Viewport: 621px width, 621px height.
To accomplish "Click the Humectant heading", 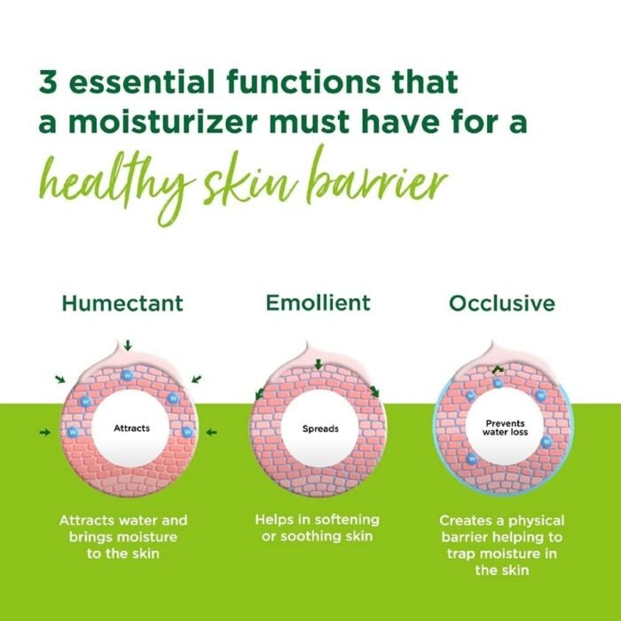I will (x=122, y=303).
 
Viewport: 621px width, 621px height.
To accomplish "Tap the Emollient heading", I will (x=318, y=303).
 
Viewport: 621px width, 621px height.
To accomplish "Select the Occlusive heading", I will (x=501, y=303).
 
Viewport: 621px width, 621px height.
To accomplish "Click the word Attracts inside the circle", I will (x=131, y=428).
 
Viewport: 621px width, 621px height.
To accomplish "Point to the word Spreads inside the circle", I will (x=318, y=428).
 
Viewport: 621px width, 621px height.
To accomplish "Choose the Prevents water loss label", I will (x=501, y=428).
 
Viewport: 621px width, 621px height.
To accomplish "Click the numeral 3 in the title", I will (x=50, y=83).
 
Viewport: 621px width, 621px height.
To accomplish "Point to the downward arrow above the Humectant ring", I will (x=128, y=344).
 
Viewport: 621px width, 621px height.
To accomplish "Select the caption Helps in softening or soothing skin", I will (x=317, y=528).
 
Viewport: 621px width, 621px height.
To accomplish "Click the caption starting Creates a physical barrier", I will (x=501, y=545).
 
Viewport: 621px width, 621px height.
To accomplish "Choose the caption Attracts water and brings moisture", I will (x=123, y=537).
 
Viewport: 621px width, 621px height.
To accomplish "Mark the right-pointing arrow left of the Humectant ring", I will (x=45, y=433).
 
